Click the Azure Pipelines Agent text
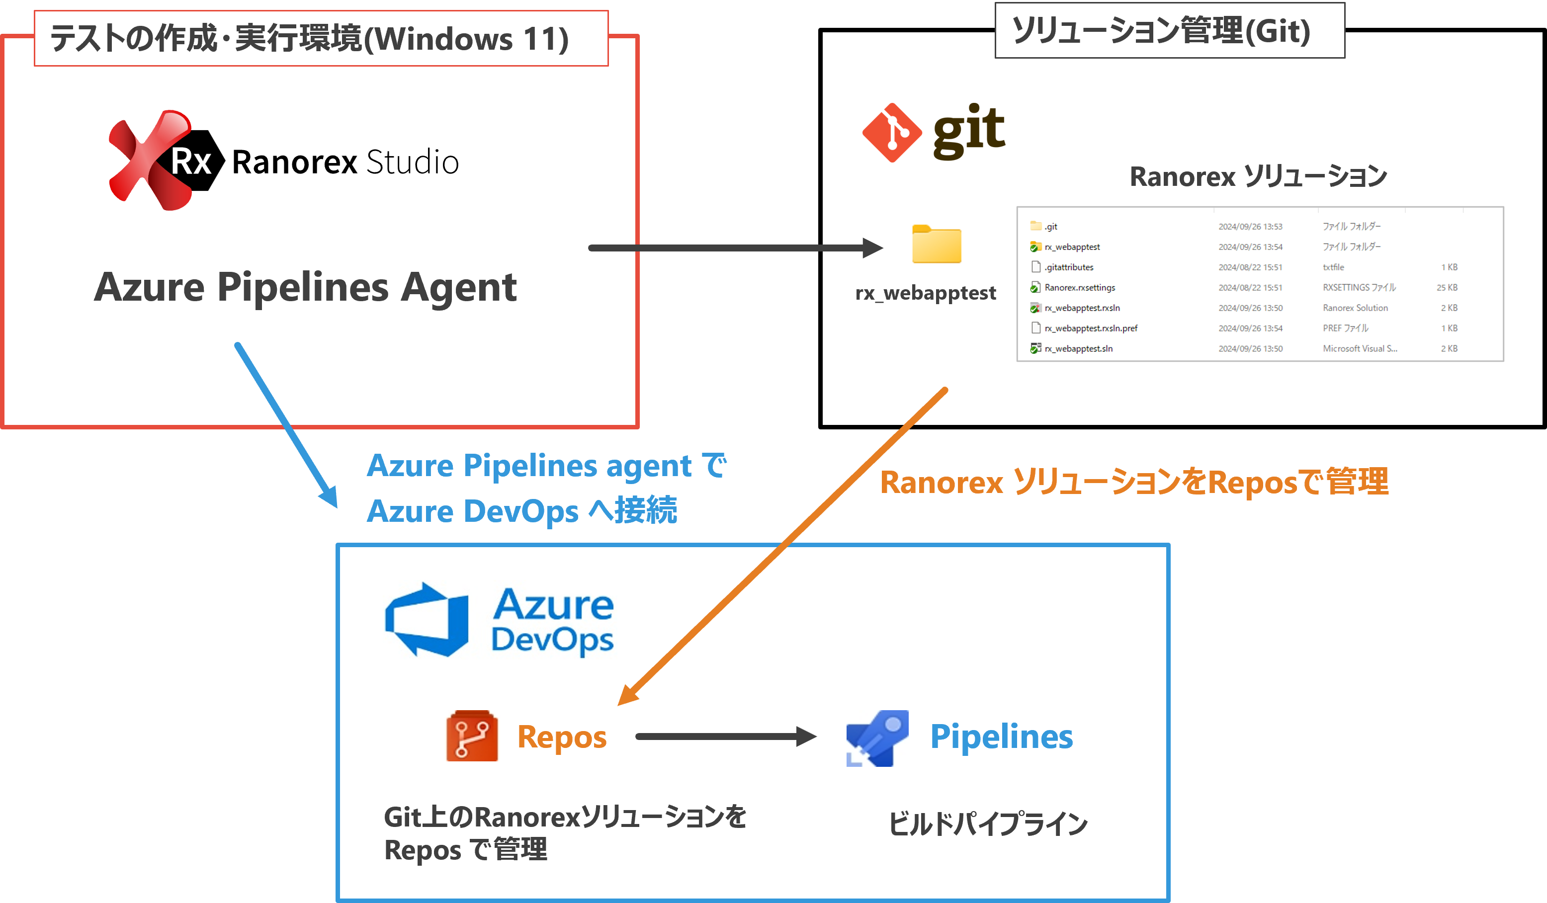(305, 287)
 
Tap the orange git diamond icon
(891, 133)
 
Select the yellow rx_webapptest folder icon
(936, 245)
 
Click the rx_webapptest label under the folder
(925, 293)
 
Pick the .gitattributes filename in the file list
(1069, 267)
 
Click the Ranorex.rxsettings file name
(1079, 287)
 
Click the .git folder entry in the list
(1050, 227)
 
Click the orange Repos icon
(471, 736)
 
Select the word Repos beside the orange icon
(562, 737)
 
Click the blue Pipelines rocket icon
(876, 738)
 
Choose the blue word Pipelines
(1001, 737)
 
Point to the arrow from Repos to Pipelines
(724, 737)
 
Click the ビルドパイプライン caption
(988, 824)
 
